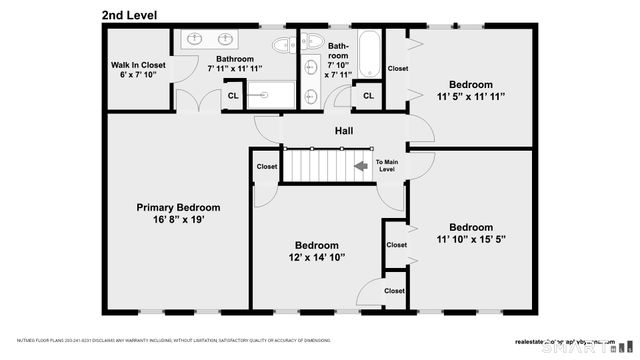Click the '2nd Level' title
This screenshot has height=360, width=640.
click(x=136, y=15)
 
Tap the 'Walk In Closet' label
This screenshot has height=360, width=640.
click(x=138, y=65)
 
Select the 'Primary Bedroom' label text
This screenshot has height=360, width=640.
click(x=178, y=207)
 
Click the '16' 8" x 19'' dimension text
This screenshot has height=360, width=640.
click(x=178, y=221)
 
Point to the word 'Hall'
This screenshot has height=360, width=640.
click(x=343, y=131)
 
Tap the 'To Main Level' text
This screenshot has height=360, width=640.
click(x=387, y=166)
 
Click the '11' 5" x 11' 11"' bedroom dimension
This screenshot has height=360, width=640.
click(x=470, y=96)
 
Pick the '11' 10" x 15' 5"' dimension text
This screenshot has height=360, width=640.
click(x=471, y=239)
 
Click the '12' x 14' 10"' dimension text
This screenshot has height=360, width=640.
click(x=316, y=258)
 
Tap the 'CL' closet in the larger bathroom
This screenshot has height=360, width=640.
click(x=232, y=96)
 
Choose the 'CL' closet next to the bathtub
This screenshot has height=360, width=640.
click(x=367, y=96)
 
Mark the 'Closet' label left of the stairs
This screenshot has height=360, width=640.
click(x=267, y=167)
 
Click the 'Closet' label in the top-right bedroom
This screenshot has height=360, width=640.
click(x=398, y=68)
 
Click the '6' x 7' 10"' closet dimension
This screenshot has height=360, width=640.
click(x=138, y=76)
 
